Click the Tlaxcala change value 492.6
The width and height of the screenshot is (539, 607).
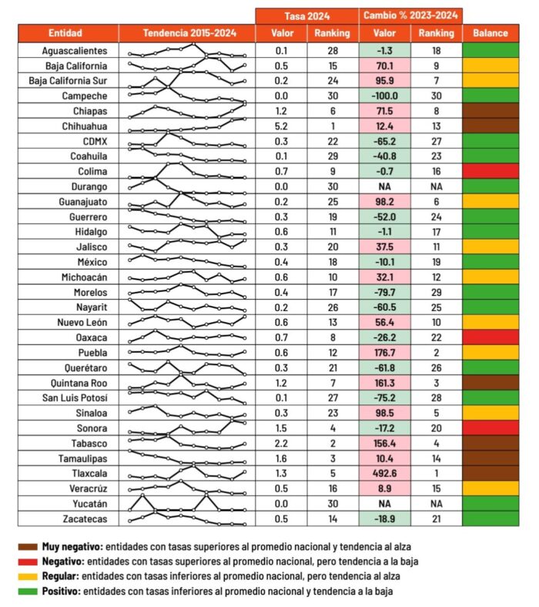pos(384,473)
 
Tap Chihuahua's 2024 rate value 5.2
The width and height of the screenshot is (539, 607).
pos(282,126)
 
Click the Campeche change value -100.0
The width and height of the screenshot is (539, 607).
pos(384,96)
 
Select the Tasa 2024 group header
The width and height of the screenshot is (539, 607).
pos(306,15)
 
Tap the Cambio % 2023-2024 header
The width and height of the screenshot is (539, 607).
pos(410,15)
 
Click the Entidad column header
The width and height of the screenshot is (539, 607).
pos(68,33)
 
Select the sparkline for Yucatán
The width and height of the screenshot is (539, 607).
pos(188,504)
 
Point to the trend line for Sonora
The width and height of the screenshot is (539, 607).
pos(188,428)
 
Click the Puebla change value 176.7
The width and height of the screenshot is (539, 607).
pos(384,352)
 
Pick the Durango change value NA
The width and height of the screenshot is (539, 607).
pos(384,186)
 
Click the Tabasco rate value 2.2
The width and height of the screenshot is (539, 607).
pos(282,443)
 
